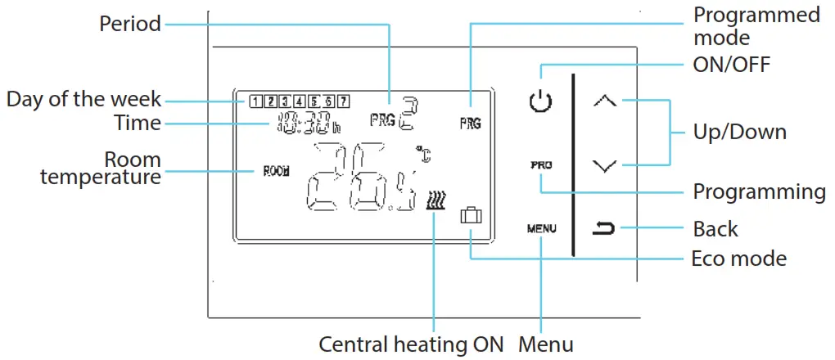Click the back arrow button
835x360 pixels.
click(x=604, y=227)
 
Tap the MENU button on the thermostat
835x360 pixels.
click(x=541, y=228)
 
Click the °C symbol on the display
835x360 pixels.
click(x=423, y=153)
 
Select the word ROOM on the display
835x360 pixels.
click(x=276, y=173)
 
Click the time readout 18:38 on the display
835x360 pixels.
click(x=302, y=124)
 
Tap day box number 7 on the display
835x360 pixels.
click(x=344, y=102)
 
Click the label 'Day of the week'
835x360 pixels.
click(x=84, y=101)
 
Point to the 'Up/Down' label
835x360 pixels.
click(x=739, y=132)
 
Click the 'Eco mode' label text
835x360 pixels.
click(x=738, y=259)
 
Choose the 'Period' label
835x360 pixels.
click(x=130, y=24)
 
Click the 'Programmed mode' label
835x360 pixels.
click(x=756, y=25)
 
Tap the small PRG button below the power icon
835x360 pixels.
click(x=540, y=164)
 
